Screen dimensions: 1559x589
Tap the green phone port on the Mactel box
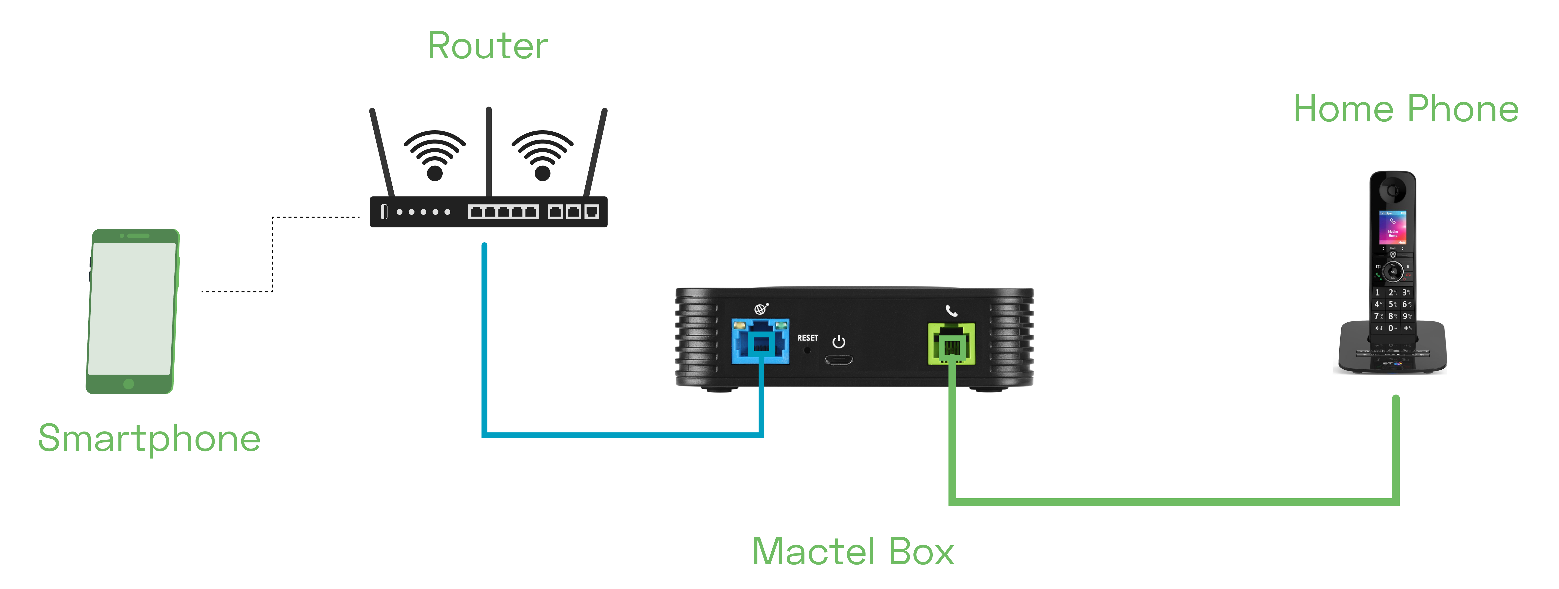click(951, 344)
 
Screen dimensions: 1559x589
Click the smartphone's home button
click(128, 384)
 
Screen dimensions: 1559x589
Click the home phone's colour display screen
click(1393, 228)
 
